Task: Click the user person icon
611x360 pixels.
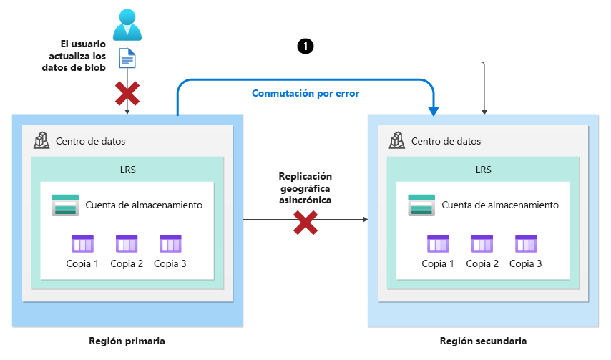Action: (127, 23)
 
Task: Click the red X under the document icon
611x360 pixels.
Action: (127, 92)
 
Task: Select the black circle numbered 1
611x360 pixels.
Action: (305, 46)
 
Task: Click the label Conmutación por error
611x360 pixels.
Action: (305, 93)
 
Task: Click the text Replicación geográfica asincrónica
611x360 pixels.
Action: (305, 189)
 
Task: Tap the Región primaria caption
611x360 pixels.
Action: (127, 341)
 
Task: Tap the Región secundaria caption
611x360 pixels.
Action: (483, 341)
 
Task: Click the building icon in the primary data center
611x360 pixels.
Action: (42, 140)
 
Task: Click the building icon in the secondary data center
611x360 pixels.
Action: (398, 140)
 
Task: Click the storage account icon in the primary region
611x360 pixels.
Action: (65, 205)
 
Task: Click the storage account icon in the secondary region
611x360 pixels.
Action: (421, 205)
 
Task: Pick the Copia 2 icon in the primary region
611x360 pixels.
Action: (127, 244)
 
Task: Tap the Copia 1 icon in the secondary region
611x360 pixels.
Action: (438, 244)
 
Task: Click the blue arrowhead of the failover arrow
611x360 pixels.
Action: (434, 110)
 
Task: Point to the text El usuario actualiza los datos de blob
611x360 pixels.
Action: (74, 56)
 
